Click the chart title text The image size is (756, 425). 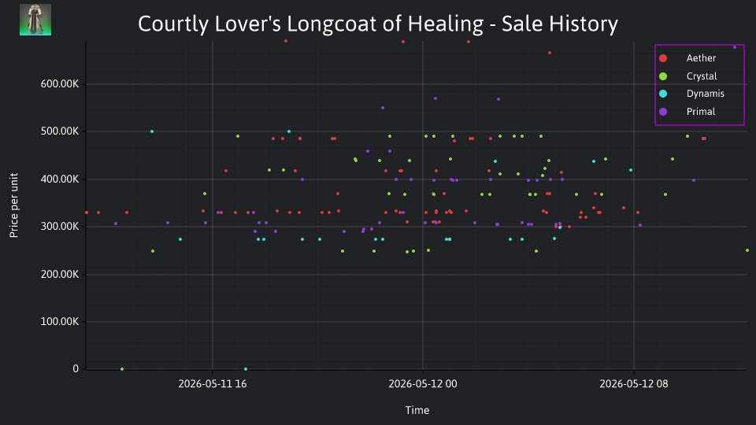click(377, 24)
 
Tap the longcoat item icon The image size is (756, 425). click(35, 20)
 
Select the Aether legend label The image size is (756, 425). click(701, 58)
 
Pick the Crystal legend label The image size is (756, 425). click(702, 76)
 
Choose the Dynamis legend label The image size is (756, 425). click(706, 94)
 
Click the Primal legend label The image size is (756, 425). click(701, 111)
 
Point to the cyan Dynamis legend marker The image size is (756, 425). click(663, 94)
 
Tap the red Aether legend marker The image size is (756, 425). click(663, 58)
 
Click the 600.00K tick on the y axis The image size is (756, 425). click(60, 84)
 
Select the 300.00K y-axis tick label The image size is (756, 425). click(60, 227)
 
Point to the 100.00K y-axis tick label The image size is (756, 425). click(60, 321)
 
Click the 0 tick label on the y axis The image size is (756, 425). click(76, 368)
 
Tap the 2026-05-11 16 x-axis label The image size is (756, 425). click(213, 383)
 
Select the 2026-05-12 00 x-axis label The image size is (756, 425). click(423, 383)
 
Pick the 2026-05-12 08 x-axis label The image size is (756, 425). click(633, 383)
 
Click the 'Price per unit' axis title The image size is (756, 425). click(13, 205)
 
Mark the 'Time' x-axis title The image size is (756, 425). click(417, 410)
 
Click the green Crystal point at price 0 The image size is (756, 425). click(122, 369)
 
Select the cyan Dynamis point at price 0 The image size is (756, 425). click(246, 369)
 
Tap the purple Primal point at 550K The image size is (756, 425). click(383, 108)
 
